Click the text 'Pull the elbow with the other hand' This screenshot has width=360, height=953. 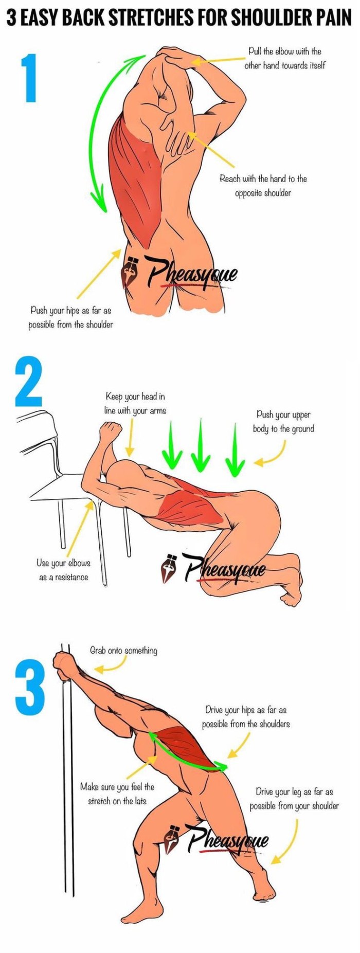[x=284, y=58]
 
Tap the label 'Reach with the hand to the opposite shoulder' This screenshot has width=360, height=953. [x=263, y=186]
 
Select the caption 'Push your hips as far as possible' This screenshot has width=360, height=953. [x=70, y=317]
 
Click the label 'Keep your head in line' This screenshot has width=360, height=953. [x=135, y=403]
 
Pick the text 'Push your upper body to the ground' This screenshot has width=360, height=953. [x=283, y=421]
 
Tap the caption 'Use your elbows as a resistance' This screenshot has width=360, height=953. [x=63, y=570]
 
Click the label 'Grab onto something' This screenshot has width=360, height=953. [x=123, y=651]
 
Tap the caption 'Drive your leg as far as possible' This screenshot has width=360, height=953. [x=294, y=798]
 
